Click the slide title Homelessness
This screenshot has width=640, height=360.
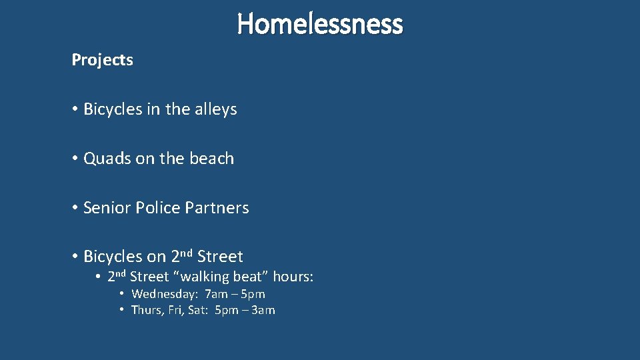tap(320, 24)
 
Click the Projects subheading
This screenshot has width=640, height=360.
tap(102, 60)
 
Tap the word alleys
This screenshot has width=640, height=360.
tap(215, 109)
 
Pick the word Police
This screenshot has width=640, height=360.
tap(157, 208)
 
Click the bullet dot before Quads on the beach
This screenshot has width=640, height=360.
tap(75, 159)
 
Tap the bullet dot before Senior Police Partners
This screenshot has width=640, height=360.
tap(75, 208)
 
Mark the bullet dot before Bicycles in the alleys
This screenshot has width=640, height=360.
tap(75, 109)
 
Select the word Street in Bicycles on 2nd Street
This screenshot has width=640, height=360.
tap(220, 257)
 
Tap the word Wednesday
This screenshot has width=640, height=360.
tap(164, 294)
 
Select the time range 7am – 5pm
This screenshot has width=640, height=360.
tap(235, 294)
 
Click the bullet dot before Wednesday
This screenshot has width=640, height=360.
tap(123, 294)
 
